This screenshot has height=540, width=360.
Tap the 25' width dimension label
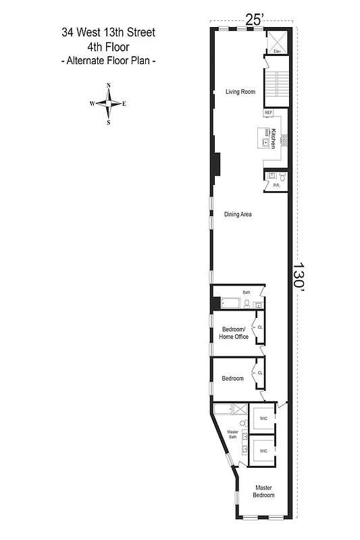(253, 20)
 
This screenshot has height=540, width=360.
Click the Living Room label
(240, 92)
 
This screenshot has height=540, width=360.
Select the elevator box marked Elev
(277, 42)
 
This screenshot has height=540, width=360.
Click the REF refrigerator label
(268, 113)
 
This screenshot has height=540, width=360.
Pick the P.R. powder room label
(276, 185)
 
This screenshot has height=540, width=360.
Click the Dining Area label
(238, 214)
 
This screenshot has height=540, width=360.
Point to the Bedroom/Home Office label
(235, 333)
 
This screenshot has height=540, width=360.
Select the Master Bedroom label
(263, 491)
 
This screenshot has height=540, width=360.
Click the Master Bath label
(233, 435)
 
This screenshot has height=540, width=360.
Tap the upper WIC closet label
(263, 419)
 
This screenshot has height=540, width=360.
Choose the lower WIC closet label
(263, 450)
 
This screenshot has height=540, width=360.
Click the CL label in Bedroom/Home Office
(259, 327)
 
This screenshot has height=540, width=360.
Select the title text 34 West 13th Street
(108, 32)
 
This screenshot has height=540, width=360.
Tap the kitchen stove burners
(284, 140)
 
